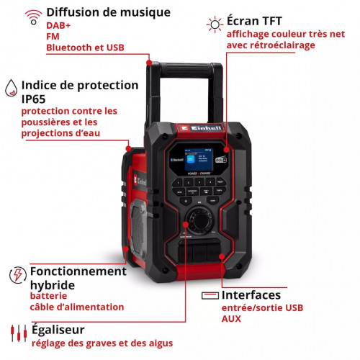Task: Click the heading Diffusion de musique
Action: tap(108, 12)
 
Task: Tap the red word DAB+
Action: tap(59, 26)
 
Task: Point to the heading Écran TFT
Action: tap(257, 21)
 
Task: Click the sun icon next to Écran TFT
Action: tap(214, 23)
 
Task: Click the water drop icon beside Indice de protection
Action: tap(10, 87)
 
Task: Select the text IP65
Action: tap(35, 99)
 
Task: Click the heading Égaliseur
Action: tap(60, 328)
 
